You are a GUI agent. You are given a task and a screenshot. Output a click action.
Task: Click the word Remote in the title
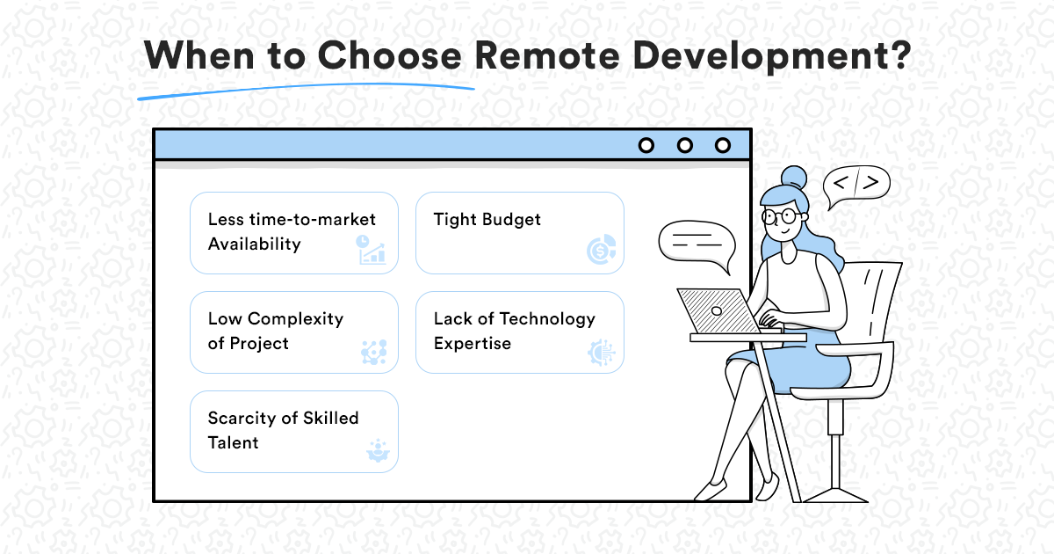[x=547, y=55]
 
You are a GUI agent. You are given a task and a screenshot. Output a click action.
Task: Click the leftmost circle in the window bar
[x=646, y=146]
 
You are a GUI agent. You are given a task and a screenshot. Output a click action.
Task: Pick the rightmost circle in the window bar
[x=723, y=146]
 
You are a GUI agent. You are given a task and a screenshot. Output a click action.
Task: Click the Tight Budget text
[x=487, y=220]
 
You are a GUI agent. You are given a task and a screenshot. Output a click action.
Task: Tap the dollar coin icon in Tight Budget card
[x=602, y=249]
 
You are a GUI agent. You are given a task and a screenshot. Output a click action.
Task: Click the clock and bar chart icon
[x=372, y=249]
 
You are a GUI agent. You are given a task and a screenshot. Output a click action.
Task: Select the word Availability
[x=254, y=244]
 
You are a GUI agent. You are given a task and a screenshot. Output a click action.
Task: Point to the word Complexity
[x=295, y=319]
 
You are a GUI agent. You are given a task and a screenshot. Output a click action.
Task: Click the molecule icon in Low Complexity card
[x=374, y=352]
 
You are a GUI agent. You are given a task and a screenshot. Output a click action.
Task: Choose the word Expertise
[x=473, y=344]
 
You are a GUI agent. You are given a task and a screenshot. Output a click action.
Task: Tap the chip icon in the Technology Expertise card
[x=602, y=353]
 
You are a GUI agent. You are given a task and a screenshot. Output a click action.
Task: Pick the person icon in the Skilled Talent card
[x=378, y=451]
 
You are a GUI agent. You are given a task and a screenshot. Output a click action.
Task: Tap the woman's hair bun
[x=794, y=178]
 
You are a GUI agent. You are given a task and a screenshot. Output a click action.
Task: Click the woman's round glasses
[x=781, y=216]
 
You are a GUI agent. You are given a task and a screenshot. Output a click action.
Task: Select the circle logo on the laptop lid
[x=717, y=311]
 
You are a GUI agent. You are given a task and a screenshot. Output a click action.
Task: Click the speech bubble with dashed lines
[x=697, y=244]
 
